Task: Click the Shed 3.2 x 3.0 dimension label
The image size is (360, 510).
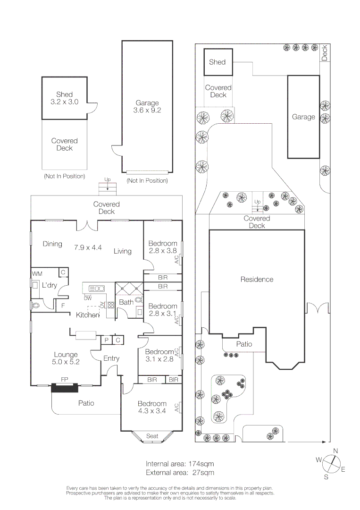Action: [64, 98]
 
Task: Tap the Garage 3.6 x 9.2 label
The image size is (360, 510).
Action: [147, 107]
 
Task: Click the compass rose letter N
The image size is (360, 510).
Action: [335, 451]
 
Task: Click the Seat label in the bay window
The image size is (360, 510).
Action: [152, 436]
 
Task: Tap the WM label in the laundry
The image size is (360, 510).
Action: [37, 273]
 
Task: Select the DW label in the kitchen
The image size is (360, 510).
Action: [88, 298]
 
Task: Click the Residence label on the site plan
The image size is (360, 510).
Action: [257, 280]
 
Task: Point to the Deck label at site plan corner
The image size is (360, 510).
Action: [325, 53]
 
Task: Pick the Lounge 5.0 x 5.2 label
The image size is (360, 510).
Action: [66, 358]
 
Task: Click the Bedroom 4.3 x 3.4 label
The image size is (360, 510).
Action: [152, 408]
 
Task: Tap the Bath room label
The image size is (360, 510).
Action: [126, 302]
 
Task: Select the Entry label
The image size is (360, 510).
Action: [111, 358]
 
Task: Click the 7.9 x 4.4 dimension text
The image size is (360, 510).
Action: [88, 246]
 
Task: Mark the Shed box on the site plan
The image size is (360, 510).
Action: [218, 62]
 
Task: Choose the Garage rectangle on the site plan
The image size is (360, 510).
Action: [303, 117]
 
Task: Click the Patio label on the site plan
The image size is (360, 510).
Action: [244, 344]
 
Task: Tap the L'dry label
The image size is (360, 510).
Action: [50, 286]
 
